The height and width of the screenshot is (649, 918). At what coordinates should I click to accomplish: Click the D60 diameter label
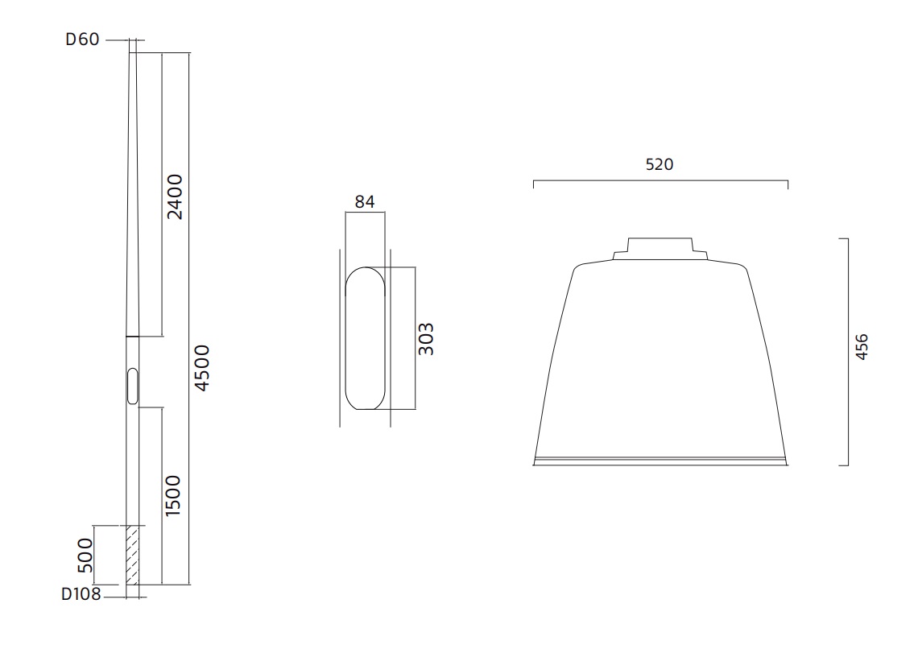(x=83, y=39)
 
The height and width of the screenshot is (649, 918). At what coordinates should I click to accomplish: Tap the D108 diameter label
(x=81, y=594)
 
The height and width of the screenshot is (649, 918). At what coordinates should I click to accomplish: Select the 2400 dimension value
(x=175, y=196)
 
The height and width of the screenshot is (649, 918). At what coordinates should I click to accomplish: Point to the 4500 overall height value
(x=201, y=367)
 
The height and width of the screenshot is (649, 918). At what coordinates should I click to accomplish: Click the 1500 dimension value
(x=172, y=496)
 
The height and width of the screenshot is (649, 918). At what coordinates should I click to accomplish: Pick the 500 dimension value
(x=85, y=556)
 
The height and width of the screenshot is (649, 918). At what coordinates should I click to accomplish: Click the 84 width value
(x=365, y=202)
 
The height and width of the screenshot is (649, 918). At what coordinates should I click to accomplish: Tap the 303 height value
(x=426, y=339)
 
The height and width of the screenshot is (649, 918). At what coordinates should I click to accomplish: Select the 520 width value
(x=660, y=164)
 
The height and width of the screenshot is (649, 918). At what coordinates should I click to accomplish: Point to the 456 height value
(x=861, y=346)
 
